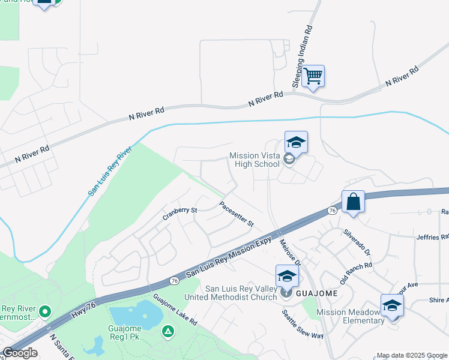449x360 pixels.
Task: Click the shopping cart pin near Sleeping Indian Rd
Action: pos(313,77)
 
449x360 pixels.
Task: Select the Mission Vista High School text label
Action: pos(255,160)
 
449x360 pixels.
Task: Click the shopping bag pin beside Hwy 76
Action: pos(354,202)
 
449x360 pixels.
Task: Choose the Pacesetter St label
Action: pos(237,214)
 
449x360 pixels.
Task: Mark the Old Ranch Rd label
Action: pos(356,273)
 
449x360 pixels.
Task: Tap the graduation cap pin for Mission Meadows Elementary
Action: pos(391,305)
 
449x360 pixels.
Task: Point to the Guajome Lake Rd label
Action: pos(175,310)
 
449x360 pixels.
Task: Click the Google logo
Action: pos(20,353)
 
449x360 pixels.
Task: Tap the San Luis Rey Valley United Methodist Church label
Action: pos(241,293)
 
